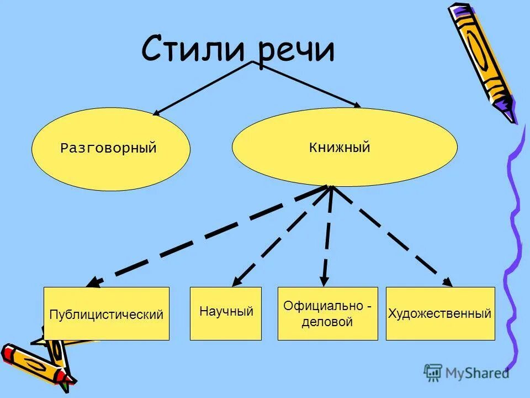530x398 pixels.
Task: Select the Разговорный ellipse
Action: pyautogui.click(x=110, y=149)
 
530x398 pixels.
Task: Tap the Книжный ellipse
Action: pyautogui.click(x=344, y=147)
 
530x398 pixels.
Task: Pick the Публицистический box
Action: pyautogui.click(x=107, y=314)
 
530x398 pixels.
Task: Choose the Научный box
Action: pyautogui.click(x=226, y=313)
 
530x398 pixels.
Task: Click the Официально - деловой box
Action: pyautogui.click(x=327, y=313)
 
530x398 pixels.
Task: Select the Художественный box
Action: pyautogui.click(x=440, y=313)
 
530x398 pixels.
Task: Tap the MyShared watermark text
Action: pyautogui.click(x=478, y=373)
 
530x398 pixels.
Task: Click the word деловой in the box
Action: pyautogui.click(x=327, y=322)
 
